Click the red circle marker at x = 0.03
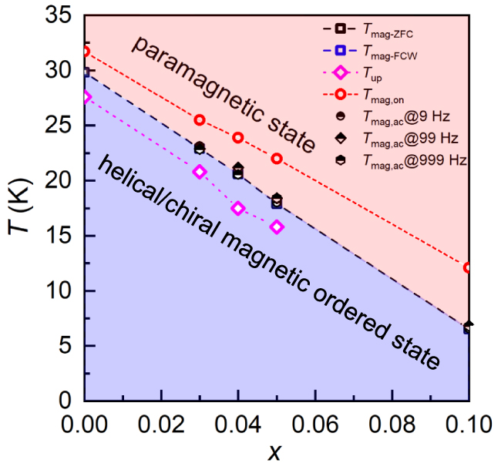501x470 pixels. click(x=200, y=120)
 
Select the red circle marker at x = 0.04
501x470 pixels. click(x=238, y=138)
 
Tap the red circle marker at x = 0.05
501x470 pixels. click(x=277, y=159)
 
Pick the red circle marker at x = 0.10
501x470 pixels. click(x=468, y=267)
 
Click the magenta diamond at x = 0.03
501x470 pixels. click(x=200, y=172)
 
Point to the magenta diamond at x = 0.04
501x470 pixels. click(x=238, y=208)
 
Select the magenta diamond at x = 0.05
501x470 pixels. click(x=277, y=227)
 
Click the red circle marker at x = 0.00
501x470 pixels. click(x=86, y=52)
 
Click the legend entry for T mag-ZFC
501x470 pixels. click(x=385, y=29)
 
